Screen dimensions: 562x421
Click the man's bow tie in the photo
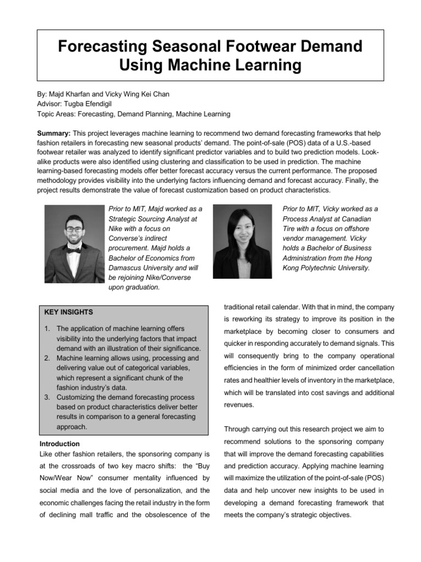coord(74,250)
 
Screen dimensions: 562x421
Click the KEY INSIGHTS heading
coord(69,312)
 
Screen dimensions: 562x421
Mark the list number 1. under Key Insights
coord(47,329)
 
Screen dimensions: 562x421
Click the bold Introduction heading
coord(60,443)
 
